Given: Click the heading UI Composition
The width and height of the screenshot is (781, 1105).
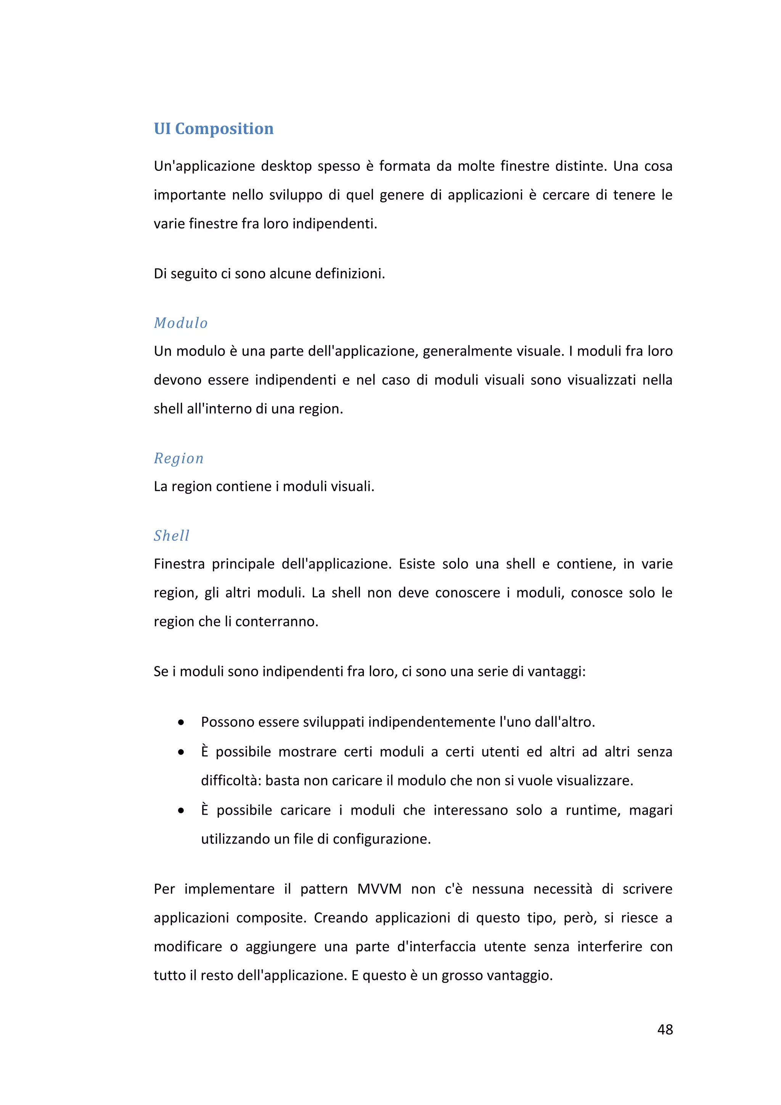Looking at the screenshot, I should pyautogui.click(x=213, y=129).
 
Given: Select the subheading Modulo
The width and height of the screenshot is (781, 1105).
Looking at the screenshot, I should pyautogui.click(x=180, y=323).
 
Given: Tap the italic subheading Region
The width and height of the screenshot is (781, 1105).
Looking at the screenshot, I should pyautogui.click(x=178, y=458).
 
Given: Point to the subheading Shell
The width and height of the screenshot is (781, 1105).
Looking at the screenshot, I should pyautogui.click(x=171, y=536).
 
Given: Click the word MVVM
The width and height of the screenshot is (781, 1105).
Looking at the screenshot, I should pyautogui.click(x=379, y=889).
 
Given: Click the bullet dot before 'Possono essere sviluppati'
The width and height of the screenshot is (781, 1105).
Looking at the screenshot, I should pyautogui.click(x=181, y=722).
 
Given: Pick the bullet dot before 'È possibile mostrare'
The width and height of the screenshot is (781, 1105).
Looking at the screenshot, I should pyautogui.click(x=181, y=752).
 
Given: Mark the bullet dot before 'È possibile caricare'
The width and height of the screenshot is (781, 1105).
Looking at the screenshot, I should pyautogui.click(x=181, y=811).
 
